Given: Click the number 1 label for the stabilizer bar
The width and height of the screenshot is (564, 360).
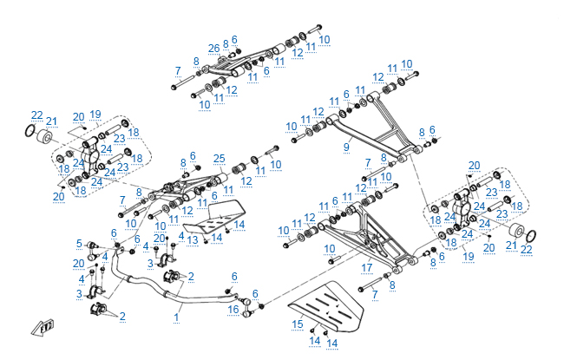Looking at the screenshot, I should (x=176, y=317).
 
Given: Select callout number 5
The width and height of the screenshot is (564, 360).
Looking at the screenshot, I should (x=79, y=243).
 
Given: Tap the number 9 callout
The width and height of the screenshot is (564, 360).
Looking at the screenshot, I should (x=346, y=147).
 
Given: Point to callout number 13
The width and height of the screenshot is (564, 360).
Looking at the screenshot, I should (x=193, y=239).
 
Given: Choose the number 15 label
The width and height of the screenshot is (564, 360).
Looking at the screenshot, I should (x=298, y=324).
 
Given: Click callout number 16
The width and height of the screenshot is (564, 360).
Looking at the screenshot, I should (x=233, y=309).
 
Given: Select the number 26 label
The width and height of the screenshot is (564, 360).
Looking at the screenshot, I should (x=213, y=48).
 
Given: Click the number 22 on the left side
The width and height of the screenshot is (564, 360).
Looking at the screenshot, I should (x=36, y=115).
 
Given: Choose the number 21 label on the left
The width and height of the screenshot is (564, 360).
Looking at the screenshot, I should (x=51, y=121).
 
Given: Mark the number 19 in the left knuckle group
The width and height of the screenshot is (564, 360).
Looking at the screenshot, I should (x=95, y=114).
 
